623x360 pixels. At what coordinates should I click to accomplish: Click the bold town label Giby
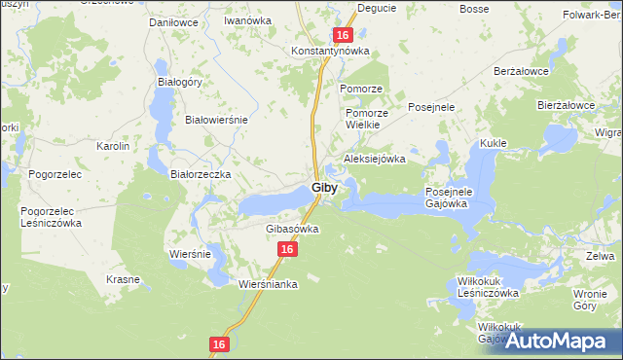[x=325, y=187]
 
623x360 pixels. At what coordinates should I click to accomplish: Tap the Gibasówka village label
[x=292, y=229]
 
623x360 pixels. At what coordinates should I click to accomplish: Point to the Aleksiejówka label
[x=374, y=159]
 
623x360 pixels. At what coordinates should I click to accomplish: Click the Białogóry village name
[x=179, y=82]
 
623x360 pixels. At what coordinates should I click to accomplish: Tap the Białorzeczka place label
[x=200, y=174]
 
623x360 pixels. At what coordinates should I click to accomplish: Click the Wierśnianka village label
[x=268, y=285]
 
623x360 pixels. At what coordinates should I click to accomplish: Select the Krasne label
[x=124, y=279]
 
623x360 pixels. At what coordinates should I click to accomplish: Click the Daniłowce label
[x=171, y=20]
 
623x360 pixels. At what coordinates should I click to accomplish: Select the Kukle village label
[x=493, y=143]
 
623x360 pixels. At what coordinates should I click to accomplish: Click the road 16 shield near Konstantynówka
[x=342, y=35]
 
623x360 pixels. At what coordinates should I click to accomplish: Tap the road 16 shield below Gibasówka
[x=285, y=250]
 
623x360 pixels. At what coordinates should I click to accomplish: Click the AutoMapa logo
[x=559, y=341]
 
